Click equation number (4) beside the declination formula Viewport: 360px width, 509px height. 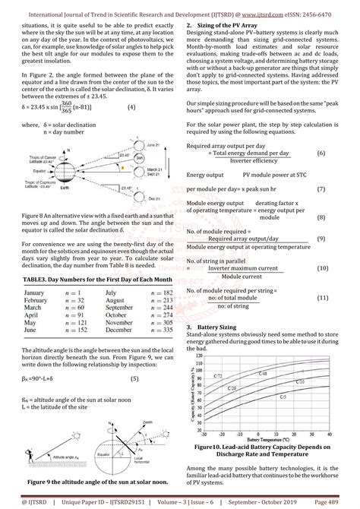click(x=131, y=107)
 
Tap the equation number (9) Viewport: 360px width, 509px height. click(x=322, y=239)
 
